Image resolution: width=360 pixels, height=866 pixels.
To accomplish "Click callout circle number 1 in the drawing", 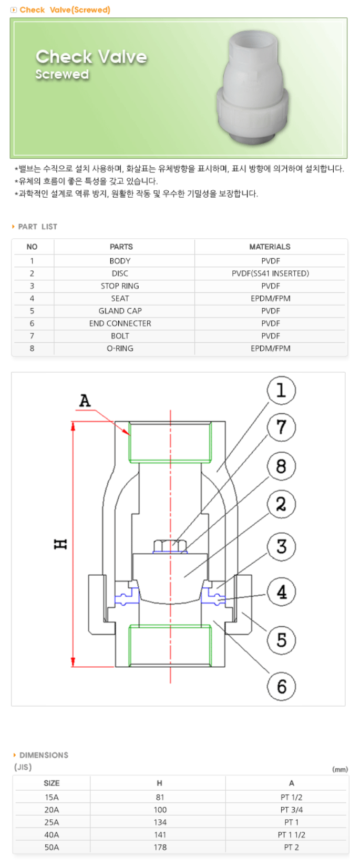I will pos(281,391).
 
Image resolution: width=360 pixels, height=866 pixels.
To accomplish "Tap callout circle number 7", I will pos(281,427).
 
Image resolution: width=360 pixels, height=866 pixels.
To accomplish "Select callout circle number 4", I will pos(281,592).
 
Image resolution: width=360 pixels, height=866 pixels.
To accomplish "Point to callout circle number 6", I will pos(281,686).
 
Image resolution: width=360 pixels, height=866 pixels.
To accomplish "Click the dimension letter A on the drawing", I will pos(85,401).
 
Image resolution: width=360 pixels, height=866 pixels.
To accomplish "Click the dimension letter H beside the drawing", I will pos(61,544).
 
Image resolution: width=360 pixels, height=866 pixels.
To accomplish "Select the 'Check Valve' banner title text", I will pos(91,57).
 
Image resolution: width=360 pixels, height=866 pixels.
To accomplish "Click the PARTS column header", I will pos(121,247).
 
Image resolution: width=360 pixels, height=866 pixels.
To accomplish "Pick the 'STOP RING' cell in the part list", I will pos(120,286).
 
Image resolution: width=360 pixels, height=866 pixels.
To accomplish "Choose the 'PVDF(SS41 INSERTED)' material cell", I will pos(270,273).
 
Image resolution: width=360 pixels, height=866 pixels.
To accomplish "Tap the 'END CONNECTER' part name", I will pos(120,323).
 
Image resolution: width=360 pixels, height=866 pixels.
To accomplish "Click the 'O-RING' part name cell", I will pos(120,348).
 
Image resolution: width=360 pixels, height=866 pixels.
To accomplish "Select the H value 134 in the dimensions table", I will pos(160,822).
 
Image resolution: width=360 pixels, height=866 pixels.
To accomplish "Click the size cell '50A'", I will pos(52,847).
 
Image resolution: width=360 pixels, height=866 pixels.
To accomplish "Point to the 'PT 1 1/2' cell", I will pos(291,834).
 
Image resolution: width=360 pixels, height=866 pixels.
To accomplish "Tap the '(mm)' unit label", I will pos(340,769).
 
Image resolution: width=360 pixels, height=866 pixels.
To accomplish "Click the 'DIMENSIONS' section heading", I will pos(44,755).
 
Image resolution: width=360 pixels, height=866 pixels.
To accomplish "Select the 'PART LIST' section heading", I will pos(37,227).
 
